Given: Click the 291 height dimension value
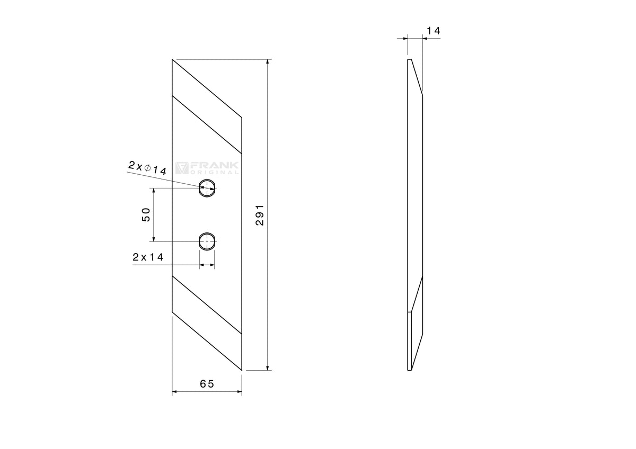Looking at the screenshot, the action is [x=260, y=215].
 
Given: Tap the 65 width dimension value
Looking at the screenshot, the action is [x=207, y=384].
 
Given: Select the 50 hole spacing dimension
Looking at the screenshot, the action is [x=146, y=215].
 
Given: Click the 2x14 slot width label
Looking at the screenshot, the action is [x=148, y=257].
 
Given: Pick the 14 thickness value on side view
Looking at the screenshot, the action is [x=434, y=31].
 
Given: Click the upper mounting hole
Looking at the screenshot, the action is [x=207, y=188].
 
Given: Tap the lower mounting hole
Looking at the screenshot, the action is [x=207, y=241].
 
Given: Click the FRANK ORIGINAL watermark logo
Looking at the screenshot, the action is [x=207, y=168].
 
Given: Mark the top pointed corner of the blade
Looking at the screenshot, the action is [x=172, y=59].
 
